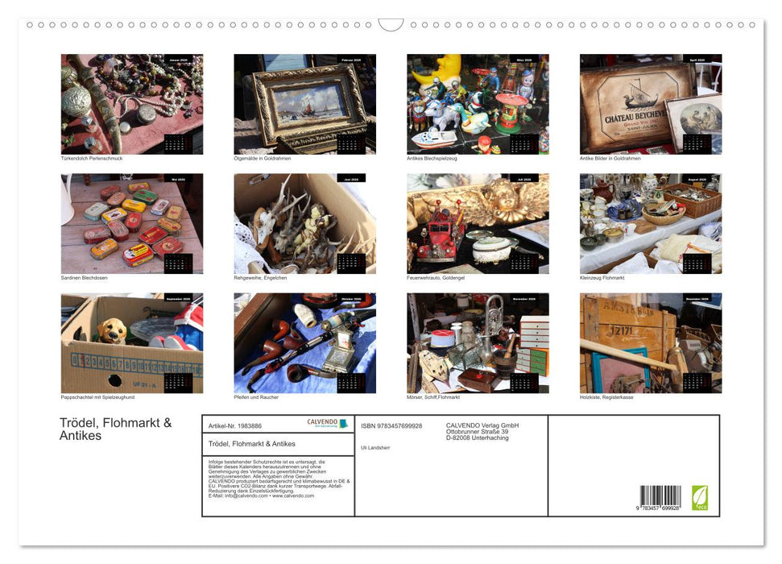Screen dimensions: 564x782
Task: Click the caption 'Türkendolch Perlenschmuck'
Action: coord(91,158)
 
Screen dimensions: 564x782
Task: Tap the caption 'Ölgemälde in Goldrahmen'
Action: coord(262,158)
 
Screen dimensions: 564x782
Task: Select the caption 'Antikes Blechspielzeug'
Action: coord(432,158)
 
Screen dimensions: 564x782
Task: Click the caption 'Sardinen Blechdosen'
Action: coord(84,277)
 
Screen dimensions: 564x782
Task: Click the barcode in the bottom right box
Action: coord(660,496)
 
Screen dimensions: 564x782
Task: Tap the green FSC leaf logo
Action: coord(700,496)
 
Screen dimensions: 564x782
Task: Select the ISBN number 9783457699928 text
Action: coord(391,425)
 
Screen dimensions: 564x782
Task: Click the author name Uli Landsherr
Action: coord(375,447)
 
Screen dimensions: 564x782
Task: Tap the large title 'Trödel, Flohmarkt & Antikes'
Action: coord(114,429)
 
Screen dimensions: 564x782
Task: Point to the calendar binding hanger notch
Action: coord(391,25)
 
